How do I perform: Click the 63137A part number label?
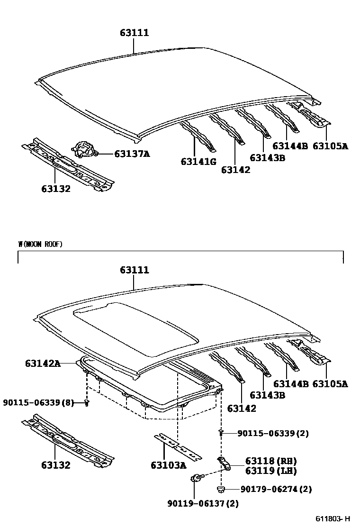click(132, 154)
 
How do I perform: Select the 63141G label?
click(198, 162)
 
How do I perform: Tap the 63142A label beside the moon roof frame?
click(43, 363)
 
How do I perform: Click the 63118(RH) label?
click(271, 461)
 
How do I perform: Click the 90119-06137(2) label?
click(203, 503)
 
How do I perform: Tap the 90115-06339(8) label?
click(38, 402)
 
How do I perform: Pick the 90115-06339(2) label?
click(273, 433)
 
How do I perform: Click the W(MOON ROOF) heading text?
click(40, 245)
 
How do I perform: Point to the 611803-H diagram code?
click(333, 518)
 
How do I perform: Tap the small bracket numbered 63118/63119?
click(224, 464)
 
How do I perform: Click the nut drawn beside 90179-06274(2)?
click(221, 489)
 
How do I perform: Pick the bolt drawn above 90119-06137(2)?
click(196, 478)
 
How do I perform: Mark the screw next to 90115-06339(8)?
click(87, 402)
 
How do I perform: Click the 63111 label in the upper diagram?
click(134, 33)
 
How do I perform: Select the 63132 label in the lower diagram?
click(55, 465)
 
